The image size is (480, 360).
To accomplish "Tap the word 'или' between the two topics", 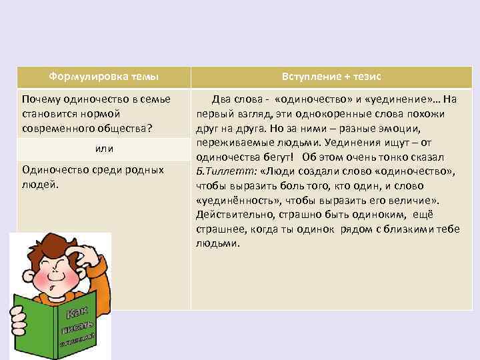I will coord(104,147).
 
